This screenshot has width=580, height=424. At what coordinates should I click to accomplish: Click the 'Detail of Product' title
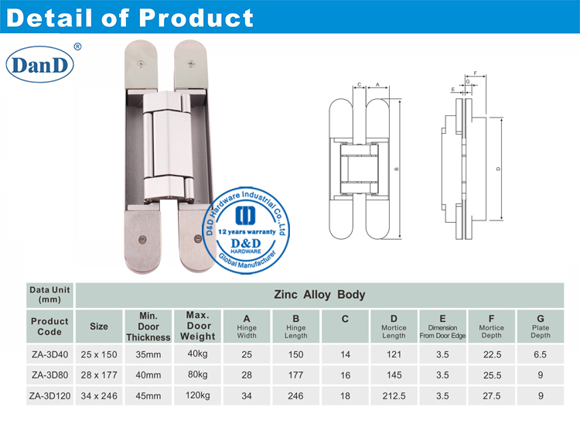[128, 17]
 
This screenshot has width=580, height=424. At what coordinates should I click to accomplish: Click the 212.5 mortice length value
[393, 396]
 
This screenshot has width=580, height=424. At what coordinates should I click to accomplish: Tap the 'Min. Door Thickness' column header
[148, 327]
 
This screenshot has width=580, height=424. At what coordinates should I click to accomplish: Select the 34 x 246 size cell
[99, 396]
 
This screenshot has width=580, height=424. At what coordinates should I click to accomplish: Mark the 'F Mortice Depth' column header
[491, 327]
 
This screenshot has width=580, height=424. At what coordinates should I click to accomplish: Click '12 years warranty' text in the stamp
[249, 231]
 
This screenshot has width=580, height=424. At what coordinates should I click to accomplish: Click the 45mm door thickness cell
[148, 396]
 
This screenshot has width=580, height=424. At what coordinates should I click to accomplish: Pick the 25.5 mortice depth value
[491, 375]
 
